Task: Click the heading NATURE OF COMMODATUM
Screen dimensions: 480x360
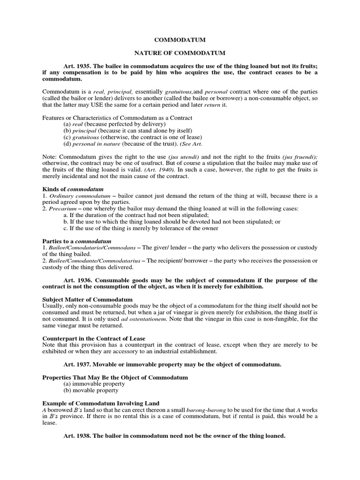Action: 180,54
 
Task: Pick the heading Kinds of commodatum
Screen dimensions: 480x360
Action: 73,189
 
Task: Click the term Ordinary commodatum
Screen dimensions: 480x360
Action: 81,195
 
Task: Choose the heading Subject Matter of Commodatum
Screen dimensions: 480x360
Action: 88,299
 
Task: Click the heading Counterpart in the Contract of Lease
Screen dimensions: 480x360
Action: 94,338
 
